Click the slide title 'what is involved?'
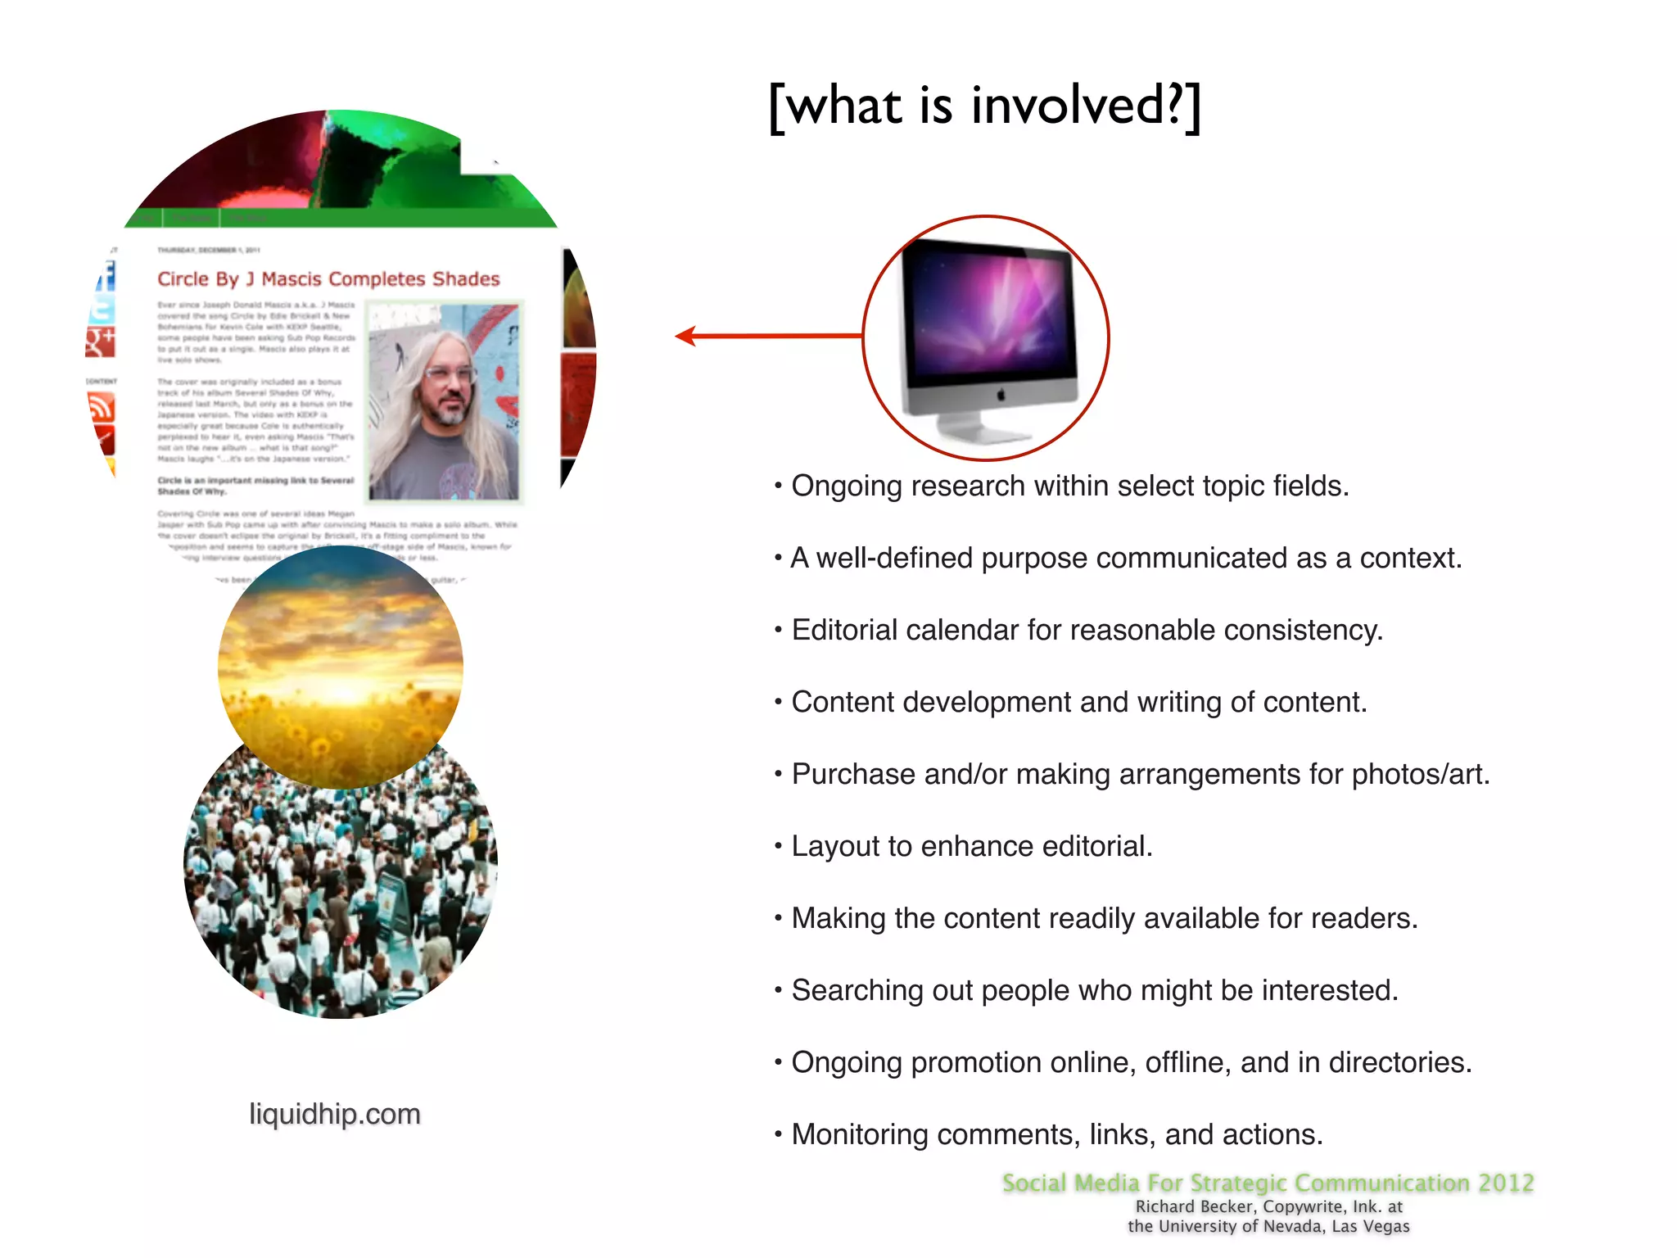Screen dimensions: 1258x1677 click(x=985, y=106)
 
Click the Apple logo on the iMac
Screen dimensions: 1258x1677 click(x=1001, y=396)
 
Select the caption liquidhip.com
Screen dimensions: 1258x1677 click(x=335, y=1114)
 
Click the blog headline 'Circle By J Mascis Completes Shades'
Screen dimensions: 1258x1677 click(x=328, y=279)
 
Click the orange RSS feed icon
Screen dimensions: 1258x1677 click(x=101, y=407)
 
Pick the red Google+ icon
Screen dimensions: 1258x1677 click(x=101, y=342)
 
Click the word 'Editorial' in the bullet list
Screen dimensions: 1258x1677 click(x=844, y=630)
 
